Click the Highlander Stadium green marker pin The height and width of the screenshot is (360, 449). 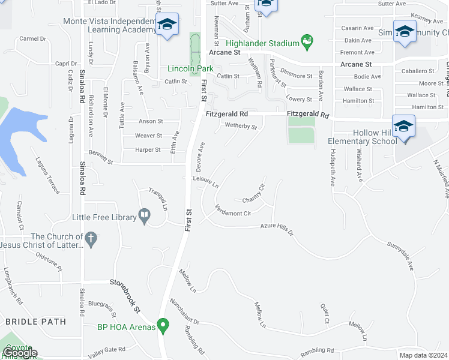[308, 42]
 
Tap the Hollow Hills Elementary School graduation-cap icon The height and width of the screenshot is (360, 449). [404, 127]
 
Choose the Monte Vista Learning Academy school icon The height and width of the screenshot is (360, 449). [167, 25]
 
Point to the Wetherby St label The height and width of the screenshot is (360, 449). [241, 127]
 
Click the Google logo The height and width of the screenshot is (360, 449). [19, 353]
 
